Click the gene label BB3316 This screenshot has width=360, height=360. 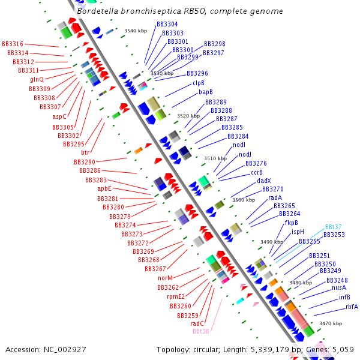tap(13, 44)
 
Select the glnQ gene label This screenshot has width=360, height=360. tap(37, 79)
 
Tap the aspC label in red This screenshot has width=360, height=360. tap(59, 116)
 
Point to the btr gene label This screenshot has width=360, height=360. tap(85, 152)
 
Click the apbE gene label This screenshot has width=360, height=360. tap(104, 188)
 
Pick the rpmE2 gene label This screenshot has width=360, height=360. tap(176, 296)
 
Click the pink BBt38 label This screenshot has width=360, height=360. tap(201, 331)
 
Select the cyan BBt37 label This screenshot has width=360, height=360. tap(334, 227)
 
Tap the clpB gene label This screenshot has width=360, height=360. tap(199, 83)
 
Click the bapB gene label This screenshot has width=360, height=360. tap(206, 92)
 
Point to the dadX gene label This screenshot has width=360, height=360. tap(264, 181)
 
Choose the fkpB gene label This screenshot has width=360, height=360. tap(292, 223)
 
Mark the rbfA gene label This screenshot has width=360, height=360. tap(352, 307)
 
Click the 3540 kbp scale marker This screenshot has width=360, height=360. tap(135, 30)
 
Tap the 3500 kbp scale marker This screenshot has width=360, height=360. tap(243, 200)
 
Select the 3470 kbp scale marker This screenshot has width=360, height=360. tap(330, 323)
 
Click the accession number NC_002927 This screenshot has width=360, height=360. tap(67, 349)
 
